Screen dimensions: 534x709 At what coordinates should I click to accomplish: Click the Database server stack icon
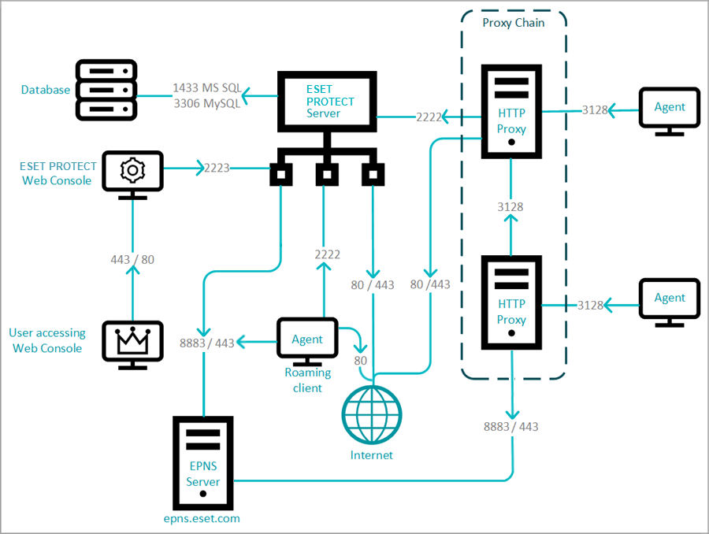(x=106, y=90)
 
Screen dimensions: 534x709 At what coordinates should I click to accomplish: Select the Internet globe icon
(x=372, y=415)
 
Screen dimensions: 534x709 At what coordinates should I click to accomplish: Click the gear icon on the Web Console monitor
(x=132, y=170)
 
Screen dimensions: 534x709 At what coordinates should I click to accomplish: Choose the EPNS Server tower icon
(x=203, y=463)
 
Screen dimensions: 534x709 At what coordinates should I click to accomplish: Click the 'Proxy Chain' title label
(x=513, y=23)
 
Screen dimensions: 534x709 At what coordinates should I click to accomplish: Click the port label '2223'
(x=217, y=168)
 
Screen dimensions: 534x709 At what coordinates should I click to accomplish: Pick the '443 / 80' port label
(x=132, y=260)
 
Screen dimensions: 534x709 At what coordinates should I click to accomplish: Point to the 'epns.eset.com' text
(x=203, y=518)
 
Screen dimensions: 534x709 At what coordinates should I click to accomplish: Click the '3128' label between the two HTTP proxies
(x=510, y=206)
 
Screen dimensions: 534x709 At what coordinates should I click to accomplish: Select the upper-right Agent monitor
(x=670, y=109)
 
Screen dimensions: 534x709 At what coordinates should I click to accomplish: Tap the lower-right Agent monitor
(x=670, y=299)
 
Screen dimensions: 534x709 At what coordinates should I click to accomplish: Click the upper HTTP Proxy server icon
(x=511, y=111)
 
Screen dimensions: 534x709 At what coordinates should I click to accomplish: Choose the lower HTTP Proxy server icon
(x=511, y=302)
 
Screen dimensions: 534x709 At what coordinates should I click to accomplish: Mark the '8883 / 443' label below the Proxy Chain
(x=511, y=427)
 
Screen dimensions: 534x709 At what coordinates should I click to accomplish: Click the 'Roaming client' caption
(x=308, y=380)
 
